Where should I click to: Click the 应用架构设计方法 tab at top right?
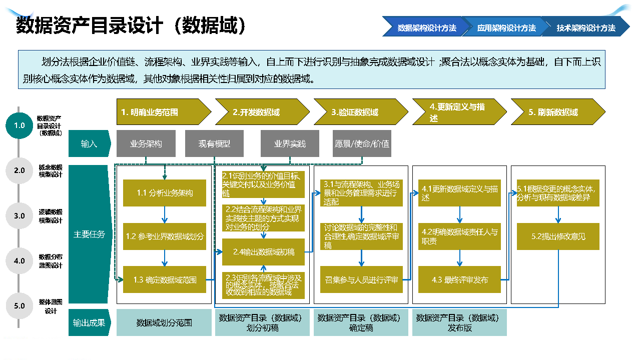(x=506, y=28)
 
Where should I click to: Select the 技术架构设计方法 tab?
(x=585, y=28)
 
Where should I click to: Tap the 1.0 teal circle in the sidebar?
(x=20, y=125)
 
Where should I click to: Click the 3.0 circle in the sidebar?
(x=20, y=216)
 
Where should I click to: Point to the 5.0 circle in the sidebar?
(x=20, y=306)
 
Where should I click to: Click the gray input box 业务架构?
(x=146, y=143)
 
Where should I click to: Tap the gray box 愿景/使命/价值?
(x=362, y=143)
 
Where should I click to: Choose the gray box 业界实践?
(x=290, y=143)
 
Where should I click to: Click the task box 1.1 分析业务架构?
(x=165, y=193)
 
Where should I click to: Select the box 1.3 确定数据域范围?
(x=165, y=280)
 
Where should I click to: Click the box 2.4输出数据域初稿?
(x=264, y=252)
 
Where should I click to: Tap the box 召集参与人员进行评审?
(x=361, y=280)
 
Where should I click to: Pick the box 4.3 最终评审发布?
(x=459, y=280)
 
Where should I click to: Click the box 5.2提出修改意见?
(x=558, y=236)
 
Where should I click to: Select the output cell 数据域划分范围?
(x=164, y=323)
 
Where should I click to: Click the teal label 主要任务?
(x=89, y=234)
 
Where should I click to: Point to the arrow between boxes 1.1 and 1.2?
(x=164, y=214)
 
